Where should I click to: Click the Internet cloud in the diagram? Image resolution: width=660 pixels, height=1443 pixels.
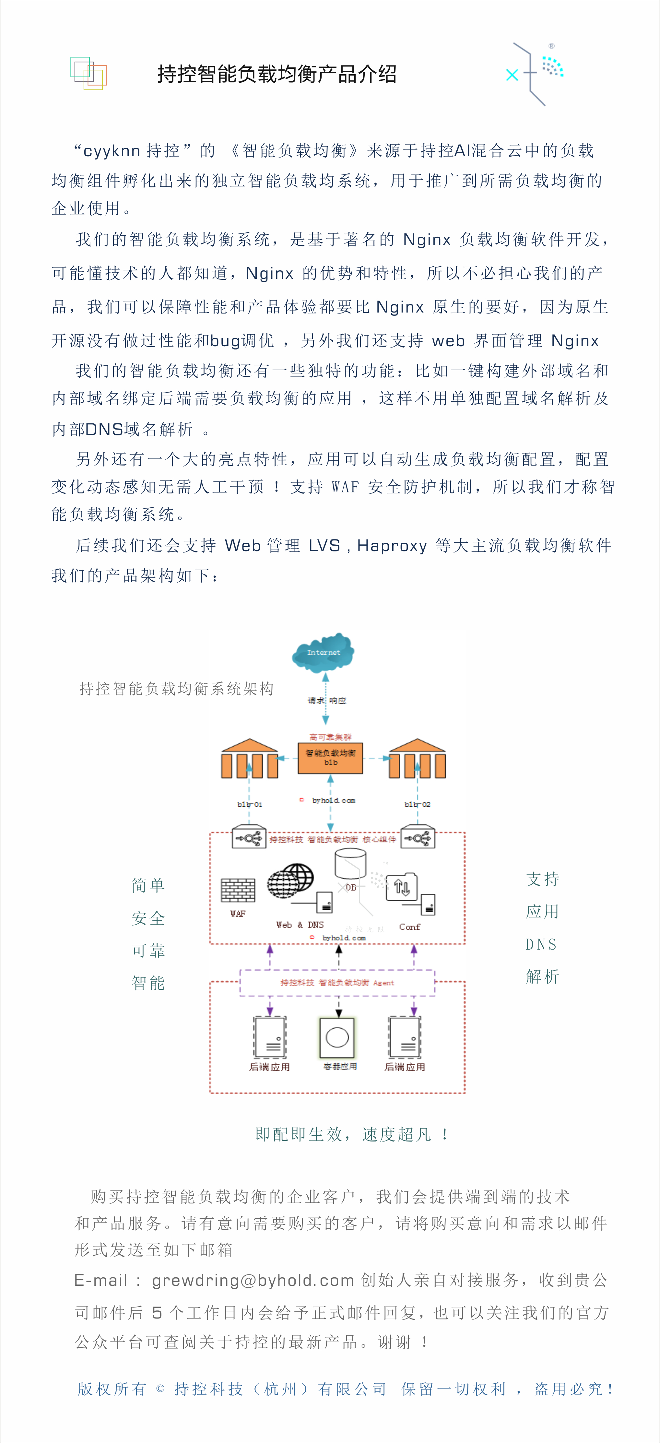click(x=323, y=653)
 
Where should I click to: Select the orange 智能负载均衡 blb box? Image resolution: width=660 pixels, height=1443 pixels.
click(x=330, y=758)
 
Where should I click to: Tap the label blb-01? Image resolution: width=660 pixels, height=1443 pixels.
click(x=249, y=804)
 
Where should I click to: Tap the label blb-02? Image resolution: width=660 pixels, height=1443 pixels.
click(x=418, y=804)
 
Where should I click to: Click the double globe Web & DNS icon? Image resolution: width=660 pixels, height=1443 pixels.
click(x=290, y=881)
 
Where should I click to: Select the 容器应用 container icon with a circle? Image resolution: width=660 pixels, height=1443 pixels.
click(x=337, y=1037)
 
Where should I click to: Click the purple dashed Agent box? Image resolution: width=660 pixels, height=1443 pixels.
click(x=337, y=983)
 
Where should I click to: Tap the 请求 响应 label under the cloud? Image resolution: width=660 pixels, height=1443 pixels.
click(x=327, y=700)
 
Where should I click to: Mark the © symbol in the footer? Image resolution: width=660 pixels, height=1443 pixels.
click(x=160, y=1389)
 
